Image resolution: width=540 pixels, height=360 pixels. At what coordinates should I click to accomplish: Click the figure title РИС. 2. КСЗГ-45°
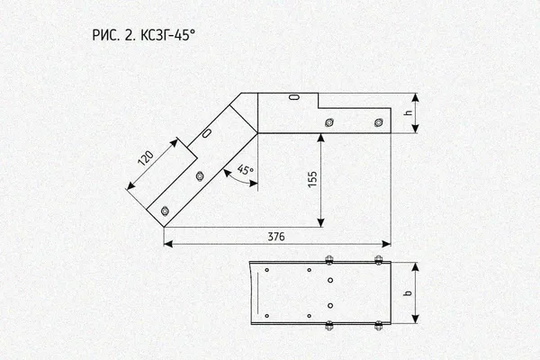144,35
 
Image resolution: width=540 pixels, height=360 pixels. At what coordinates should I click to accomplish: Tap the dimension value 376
276,237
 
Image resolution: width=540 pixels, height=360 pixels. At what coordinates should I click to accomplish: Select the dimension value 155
312,179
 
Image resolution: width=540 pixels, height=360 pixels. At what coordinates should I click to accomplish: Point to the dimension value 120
146,158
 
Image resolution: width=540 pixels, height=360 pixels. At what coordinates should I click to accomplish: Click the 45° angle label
245,170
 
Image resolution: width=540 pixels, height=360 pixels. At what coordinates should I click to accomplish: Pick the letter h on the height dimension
409,112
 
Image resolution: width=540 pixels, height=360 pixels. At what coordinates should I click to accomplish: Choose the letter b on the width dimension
408,293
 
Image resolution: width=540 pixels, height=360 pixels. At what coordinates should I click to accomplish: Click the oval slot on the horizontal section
293,97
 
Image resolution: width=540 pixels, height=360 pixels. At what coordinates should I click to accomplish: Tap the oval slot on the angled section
207,132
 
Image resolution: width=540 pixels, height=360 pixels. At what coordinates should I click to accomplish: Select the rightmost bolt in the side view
379,122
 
